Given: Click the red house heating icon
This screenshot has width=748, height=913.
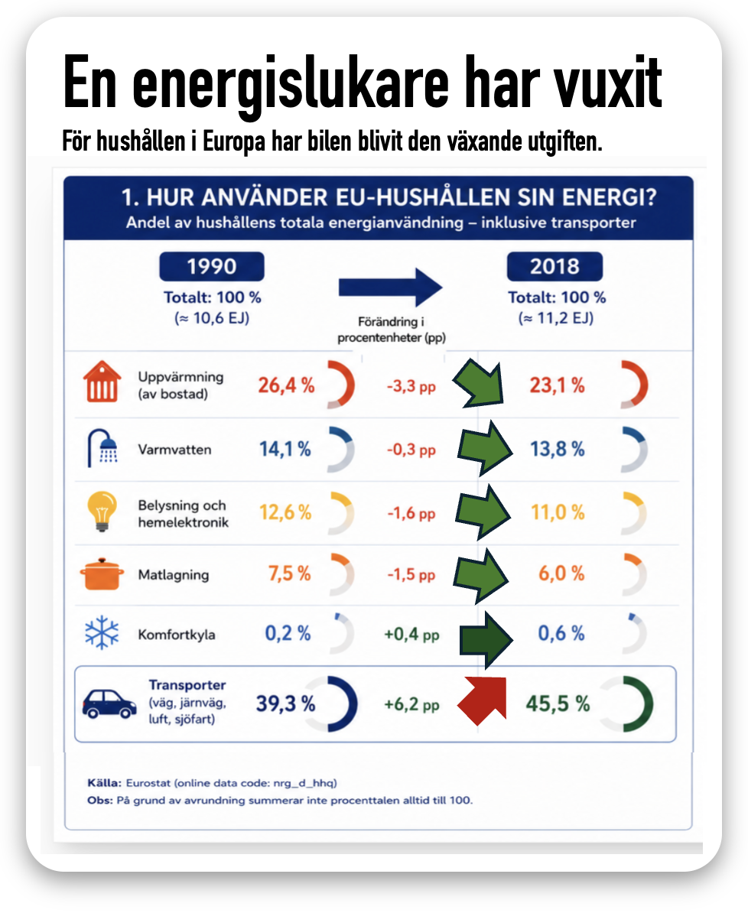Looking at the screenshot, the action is click(x=102, y=382).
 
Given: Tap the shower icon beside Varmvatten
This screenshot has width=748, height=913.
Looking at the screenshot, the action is click(x=102, y=448).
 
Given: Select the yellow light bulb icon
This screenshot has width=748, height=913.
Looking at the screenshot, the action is click(x=102, y=512).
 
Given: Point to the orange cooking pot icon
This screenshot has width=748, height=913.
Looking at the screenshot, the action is click(x=102, y=573).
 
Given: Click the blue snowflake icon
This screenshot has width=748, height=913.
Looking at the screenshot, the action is click(x=102, y=632).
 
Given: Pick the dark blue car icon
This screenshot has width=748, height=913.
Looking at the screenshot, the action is click(x=109, y=704).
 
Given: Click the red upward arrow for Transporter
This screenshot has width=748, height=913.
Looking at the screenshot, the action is click(x=483, y=700).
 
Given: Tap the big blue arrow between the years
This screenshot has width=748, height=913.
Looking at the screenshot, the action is click(x=390, y=287).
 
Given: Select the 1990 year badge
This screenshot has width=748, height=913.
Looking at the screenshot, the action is click(x=211, y=267).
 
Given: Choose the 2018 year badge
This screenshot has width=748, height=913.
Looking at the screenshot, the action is click(x=554, y=267).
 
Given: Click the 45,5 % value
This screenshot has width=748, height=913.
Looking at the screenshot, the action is click(x=558, y=703).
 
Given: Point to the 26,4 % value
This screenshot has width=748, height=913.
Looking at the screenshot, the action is click(x=286, y=385).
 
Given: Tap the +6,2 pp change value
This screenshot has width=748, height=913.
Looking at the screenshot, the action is click(x=411, y=704).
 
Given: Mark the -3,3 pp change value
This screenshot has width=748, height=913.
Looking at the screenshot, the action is click(x=411, y=386).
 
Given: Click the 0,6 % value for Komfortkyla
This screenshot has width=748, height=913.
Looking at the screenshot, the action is click(x=561, y=633).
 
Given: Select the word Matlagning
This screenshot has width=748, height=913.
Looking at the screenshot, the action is click(x=173, y=575).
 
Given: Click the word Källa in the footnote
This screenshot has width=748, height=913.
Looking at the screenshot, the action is click(x=104, y=782).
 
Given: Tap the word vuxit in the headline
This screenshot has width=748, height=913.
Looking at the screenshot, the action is click(x=607, y=83).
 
